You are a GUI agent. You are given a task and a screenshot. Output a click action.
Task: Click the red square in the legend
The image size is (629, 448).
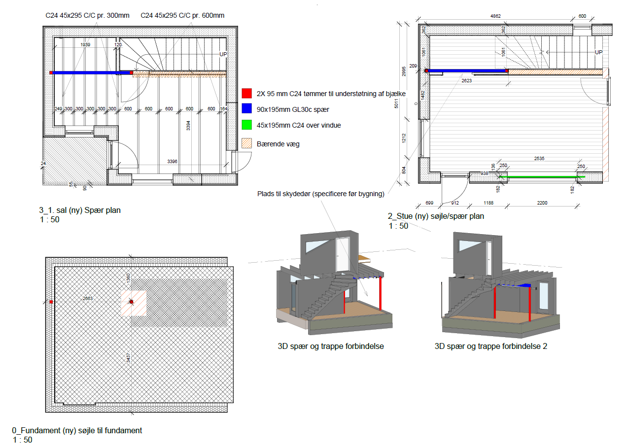coord(247,93)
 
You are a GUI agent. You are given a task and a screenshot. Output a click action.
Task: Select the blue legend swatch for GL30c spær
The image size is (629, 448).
coord(247,109)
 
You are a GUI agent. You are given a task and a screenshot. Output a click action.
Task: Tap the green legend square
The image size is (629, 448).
coord(247,125)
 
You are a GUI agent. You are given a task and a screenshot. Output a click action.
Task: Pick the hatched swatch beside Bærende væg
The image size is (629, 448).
coord(247,143)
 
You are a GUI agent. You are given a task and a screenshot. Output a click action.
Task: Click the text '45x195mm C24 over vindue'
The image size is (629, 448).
coord(299,125)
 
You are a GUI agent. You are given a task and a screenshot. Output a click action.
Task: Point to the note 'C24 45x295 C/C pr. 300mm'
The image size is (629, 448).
coord(87,15)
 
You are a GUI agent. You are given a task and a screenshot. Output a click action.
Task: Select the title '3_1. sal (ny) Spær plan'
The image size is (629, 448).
coord(80,210)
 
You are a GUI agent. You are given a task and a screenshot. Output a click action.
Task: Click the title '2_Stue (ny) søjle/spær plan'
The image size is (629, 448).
coord(436,216)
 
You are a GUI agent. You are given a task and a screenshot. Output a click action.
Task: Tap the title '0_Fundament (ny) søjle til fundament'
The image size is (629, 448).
coord(77,430)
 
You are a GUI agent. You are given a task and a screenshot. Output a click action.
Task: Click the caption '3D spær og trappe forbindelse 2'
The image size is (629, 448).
coord(491,346)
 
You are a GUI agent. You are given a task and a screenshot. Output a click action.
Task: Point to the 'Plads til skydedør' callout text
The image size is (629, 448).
coord(320,194)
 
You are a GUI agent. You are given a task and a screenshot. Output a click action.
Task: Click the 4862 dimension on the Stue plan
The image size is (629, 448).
coord(495,16)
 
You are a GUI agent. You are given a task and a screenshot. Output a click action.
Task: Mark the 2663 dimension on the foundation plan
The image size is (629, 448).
coord(88,298)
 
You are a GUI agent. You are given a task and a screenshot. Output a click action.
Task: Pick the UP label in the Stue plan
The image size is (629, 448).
coord(598,52)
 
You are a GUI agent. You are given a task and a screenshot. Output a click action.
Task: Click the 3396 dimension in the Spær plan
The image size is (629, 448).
coord(172,161)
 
